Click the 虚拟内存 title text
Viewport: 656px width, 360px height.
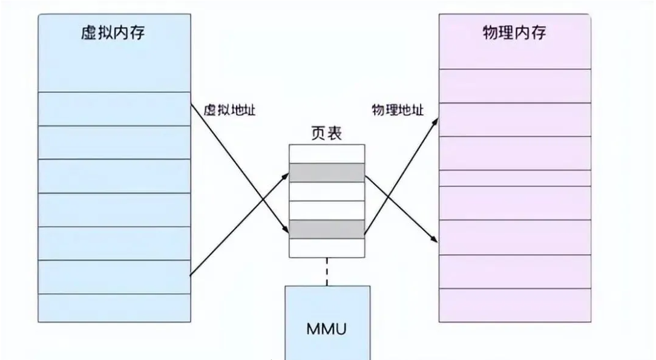click(113, 33)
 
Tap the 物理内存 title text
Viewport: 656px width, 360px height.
click(514, 33)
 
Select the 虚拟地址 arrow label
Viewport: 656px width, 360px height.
click(229, 111)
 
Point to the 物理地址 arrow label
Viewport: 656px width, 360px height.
click(398, 111)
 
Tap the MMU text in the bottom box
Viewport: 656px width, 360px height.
click(327, 330)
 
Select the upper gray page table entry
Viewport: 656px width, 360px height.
click(327, 173)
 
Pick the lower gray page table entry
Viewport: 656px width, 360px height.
click(327, 229)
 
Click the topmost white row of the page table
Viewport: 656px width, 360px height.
click(327, 154)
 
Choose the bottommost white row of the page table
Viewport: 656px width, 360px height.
click(327, 247)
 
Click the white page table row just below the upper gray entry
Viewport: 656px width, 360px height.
click(327, 191)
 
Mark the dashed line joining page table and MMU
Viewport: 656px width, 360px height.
click(327, 271)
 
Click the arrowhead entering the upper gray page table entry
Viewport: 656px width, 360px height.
click(286, 174)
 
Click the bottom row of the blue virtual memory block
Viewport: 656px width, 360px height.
click(114, 308)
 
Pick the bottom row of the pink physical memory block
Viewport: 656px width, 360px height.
click(515, 305)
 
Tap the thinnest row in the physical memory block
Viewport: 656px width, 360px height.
click(515, 178)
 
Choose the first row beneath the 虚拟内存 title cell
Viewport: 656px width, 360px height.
click(114, 109)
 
